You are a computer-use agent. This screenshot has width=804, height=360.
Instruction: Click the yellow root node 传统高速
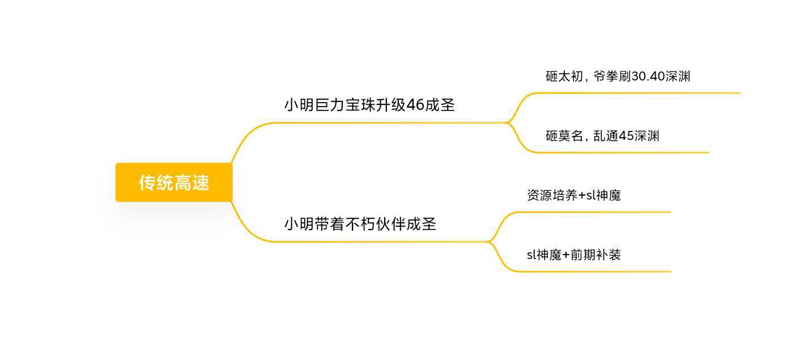pos(174,182)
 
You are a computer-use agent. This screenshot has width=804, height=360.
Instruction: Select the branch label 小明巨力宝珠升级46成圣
pos(369,105)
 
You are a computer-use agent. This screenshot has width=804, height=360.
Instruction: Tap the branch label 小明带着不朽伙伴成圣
pos(360,224)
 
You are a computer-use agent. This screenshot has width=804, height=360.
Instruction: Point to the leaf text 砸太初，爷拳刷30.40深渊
pos(618,76)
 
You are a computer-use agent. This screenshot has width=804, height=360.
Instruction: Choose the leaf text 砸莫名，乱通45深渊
pos(602,136)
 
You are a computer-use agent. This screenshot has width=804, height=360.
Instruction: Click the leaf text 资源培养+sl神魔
pos(574,195)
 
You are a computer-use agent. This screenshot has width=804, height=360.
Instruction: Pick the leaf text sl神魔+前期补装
pos(574,255)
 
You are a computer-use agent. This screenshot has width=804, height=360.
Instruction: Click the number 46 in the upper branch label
pos(415,105)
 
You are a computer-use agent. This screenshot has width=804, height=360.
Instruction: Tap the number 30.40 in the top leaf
pos(648,76)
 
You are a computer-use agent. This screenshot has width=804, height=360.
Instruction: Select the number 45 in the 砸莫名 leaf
pos(626,136)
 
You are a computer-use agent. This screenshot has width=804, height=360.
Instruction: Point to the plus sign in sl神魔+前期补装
pos(566,255)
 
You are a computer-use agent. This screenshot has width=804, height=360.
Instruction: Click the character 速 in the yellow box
pos(200,183)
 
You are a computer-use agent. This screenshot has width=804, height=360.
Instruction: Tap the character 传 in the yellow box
pos(147,183)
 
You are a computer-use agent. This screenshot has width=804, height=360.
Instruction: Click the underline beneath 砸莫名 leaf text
pos(623,153)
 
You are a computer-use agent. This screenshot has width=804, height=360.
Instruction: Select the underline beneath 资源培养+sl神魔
pos(594,213)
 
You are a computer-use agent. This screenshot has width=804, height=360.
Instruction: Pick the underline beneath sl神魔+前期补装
pos(594,272)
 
